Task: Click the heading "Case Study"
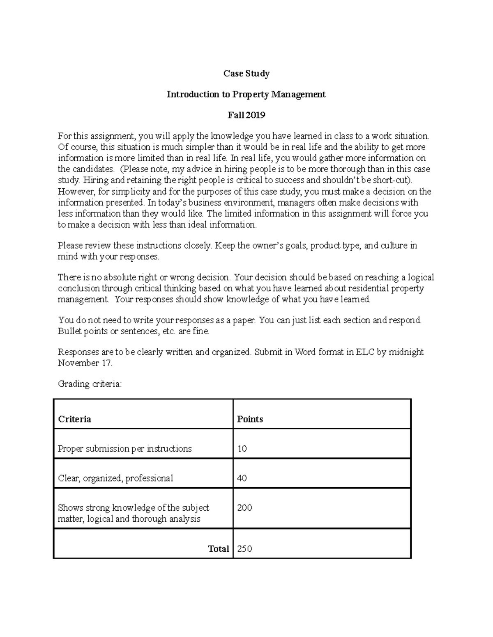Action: tap(246, 73)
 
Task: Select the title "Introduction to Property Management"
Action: tap(246, 94)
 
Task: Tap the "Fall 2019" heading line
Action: tap(246, 115)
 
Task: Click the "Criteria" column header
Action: tap(74, 419)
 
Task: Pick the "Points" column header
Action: tap(250, 419)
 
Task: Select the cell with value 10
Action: tap(242, 449)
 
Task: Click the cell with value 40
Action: tap(242, 478)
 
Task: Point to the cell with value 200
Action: tap(244, 508)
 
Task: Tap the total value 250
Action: tap(244, 549)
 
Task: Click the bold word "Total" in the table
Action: tap(218, 549)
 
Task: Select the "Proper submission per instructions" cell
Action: tap(124, 449)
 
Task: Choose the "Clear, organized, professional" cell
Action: tap(115, 478)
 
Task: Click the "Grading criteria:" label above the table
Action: tap(90, 384)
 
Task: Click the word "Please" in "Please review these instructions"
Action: tap(70, 246)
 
